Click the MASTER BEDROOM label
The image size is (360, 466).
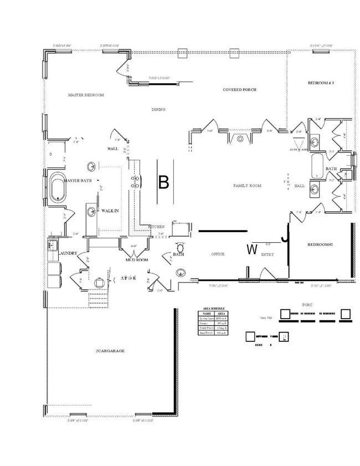[86, 95]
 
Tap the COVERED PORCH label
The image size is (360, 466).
[239, 89]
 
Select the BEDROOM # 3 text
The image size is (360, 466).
[321, 83]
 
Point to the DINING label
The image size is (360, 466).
[158, 109]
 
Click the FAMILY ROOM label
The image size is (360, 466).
[246, 186]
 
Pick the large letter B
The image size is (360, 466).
[163, 182]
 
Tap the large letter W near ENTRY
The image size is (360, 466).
[251, 250]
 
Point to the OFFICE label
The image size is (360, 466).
[218, 254]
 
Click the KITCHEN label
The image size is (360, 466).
[156, 227]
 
